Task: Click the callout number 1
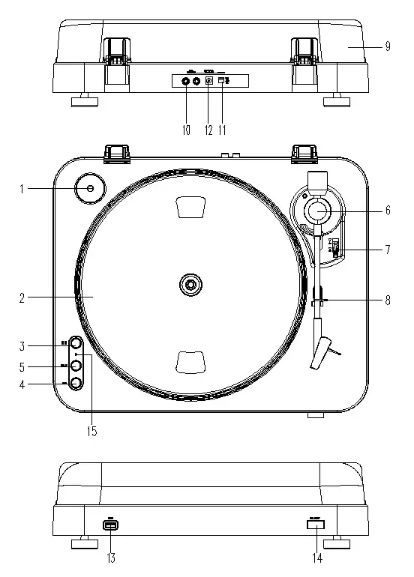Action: pyautogui.click(x=23, y=189)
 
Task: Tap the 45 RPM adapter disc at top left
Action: pyautogui.click(x=89, y=189)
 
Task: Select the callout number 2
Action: pyautogui.click(x=23, y=297)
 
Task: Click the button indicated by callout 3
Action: pyautogui.click(x=75, y=345)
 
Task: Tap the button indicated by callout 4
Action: pyautogui.click(x=75, y=384)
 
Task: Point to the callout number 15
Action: pyautogui.click(x=91, y=432)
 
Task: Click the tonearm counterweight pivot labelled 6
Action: pyautogui.click(x=316, y=211)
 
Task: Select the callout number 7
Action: pyautogui.click(x=388, y=250)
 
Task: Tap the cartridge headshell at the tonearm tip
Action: pyautogui.click(x=324, y=354)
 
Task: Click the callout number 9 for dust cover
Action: pyautogui.click(x=388, y=46)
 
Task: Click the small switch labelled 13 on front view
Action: pyautogui.click(x=111, y=527)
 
